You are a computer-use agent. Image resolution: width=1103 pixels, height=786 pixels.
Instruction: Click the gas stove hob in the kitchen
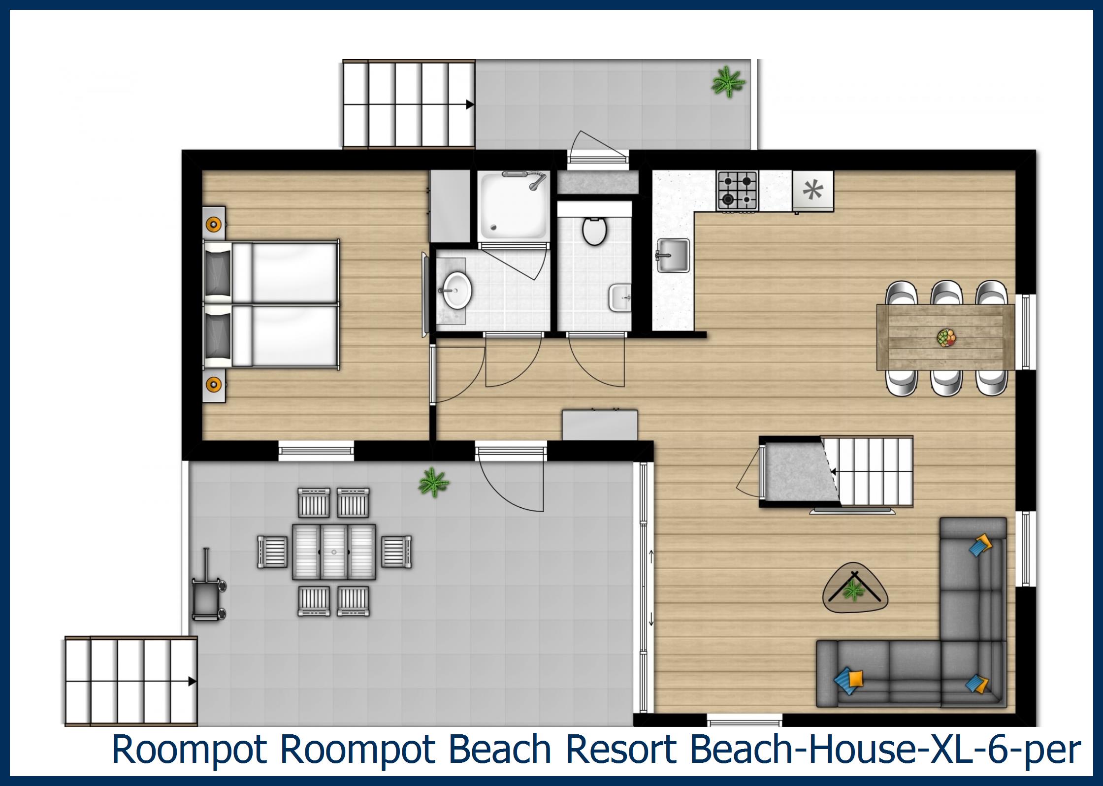[x=737, y=190]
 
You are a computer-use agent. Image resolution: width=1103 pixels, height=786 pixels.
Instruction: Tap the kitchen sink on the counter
[x=673, y=256]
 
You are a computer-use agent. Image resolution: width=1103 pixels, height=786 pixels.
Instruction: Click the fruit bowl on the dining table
[x=946, y=338]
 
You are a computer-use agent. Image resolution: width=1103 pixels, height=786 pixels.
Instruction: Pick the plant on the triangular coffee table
[x=854, y=589]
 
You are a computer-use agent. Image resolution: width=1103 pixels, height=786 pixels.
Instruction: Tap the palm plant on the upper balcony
[x=727, y=82]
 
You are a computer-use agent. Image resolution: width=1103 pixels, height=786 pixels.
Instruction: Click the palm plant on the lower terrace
[x=433, y=482]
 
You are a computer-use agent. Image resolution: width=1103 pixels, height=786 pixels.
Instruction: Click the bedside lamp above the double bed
[x=213, y=225]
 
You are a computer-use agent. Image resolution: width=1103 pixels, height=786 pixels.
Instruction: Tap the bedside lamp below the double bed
[x=213, y=384]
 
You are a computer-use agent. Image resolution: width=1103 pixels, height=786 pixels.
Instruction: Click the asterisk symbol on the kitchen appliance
[x=812, y=190]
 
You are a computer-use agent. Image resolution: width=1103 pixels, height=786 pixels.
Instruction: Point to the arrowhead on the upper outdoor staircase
[x=470, y=104]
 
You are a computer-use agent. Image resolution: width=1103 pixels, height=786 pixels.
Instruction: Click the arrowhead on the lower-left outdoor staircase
[x=192, y=682]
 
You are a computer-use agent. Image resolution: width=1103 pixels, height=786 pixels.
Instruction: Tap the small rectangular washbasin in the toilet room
[x=620, y=297]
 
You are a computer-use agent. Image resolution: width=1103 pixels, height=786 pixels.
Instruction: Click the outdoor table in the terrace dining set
[x=334, y=552]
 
